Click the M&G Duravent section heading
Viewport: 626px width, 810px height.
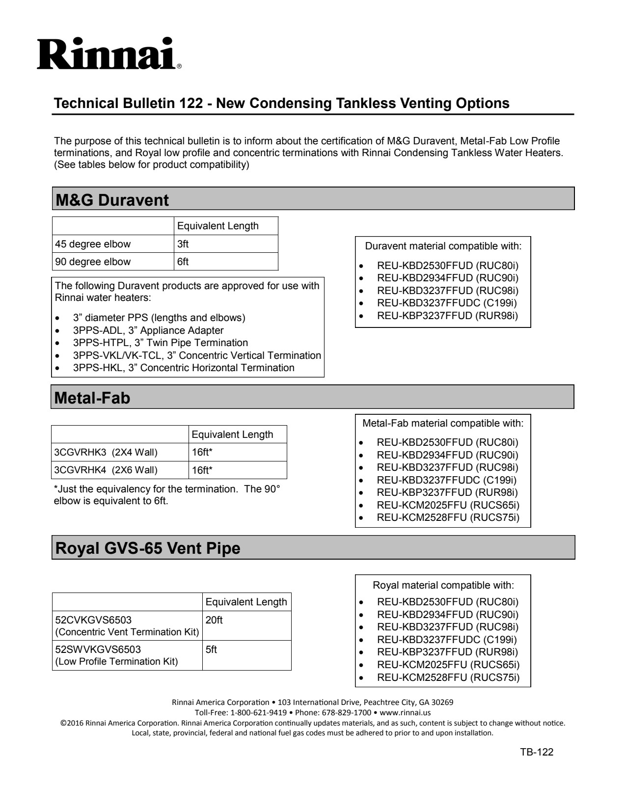click(112, 200)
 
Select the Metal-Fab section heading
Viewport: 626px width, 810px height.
click(92, 398)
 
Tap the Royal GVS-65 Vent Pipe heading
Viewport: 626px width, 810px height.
click(148, 548)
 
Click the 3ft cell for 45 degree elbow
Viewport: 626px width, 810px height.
click(183, 244)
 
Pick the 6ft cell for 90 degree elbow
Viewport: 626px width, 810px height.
click(183, 262)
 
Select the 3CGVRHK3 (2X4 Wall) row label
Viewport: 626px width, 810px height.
click(106, 452)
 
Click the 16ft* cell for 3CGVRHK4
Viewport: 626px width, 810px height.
click(202, 470)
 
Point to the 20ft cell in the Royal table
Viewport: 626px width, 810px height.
click(214, 620)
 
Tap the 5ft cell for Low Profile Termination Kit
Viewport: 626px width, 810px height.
click(211, 649)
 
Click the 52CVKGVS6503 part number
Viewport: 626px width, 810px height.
click(93, 620)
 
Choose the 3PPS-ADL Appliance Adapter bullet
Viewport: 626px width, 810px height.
click(148, 330)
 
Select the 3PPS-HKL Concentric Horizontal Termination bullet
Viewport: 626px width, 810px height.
click(184, 368)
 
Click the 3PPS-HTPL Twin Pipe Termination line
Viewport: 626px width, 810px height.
click(161, 343)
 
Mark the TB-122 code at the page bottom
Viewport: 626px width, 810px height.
click(537, 752)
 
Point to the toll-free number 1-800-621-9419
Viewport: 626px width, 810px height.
click(258, 712)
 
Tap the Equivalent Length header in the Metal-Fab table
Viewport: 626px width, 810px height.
click(232, 434)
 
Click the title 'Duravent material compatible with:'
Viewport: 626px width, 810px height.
click(443, 246)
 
